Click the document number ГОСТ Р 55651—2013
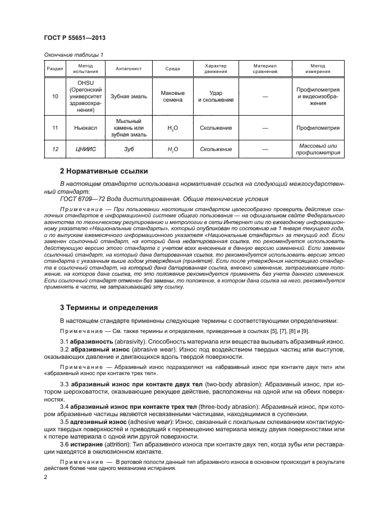75,38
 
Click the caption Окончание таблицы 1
73,54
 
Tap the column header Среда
172,69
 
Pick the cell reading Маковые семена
172,96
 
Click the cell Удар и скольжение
216,96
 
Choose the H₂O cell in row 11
172,128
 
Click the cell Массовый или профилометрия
318,149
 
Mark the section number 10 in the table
54,96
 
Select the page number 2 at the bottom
45,477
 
